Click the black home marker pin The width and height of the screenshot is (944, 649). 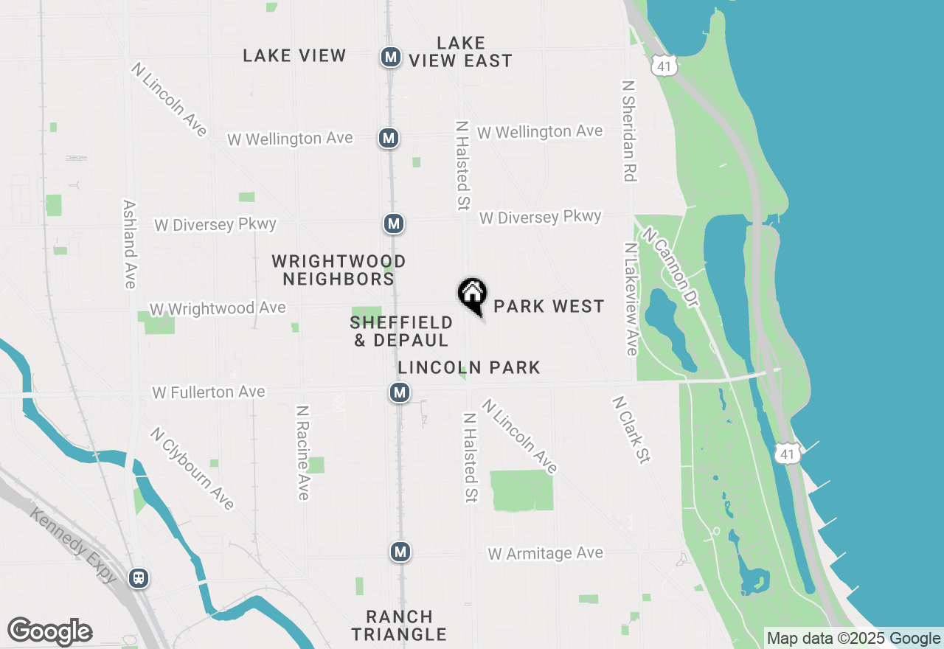click(x=473, y=295)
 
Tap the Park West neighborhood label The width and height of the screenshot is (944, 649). click(x=549, y=306)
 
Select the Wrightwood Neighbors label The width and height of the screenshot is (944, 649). click(x=339, y=270)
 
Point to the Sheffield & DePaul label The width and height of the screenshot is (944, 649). click(x=401, y=331)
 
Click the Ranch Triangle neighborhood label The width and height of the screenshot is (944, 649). click(x=399, y=625)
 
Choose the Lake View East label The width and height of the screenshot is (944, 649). click(x=461, y=52)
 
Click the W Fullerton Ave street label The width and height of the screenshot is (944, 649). click(x=209, y=392)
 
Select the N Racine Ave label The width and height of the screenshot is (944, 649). click(x=302, y=452)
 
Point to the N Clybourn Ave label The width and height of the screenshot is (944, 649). click(x=192, y=468)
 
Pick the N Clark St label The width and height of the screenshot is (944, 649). click(x=631, y=430)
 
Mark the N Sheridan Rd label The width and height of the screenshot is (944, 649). click(x=629, y=131)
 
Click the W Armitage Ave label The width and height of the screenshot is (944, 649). click(x=546, y=553)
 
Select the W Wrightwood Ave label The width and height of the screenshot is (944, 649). click(x=218, y=308)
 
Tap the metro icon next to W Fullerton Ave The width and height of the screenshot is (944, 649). click(x=400, y=392)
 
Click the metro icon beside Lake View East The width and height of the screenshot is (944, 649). click(x=391, y=56)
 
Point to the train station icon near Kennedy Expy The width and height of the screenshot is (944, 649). click(x=138, y=577)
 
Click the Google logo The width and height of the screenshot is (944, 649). click(x=49, y=631)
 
